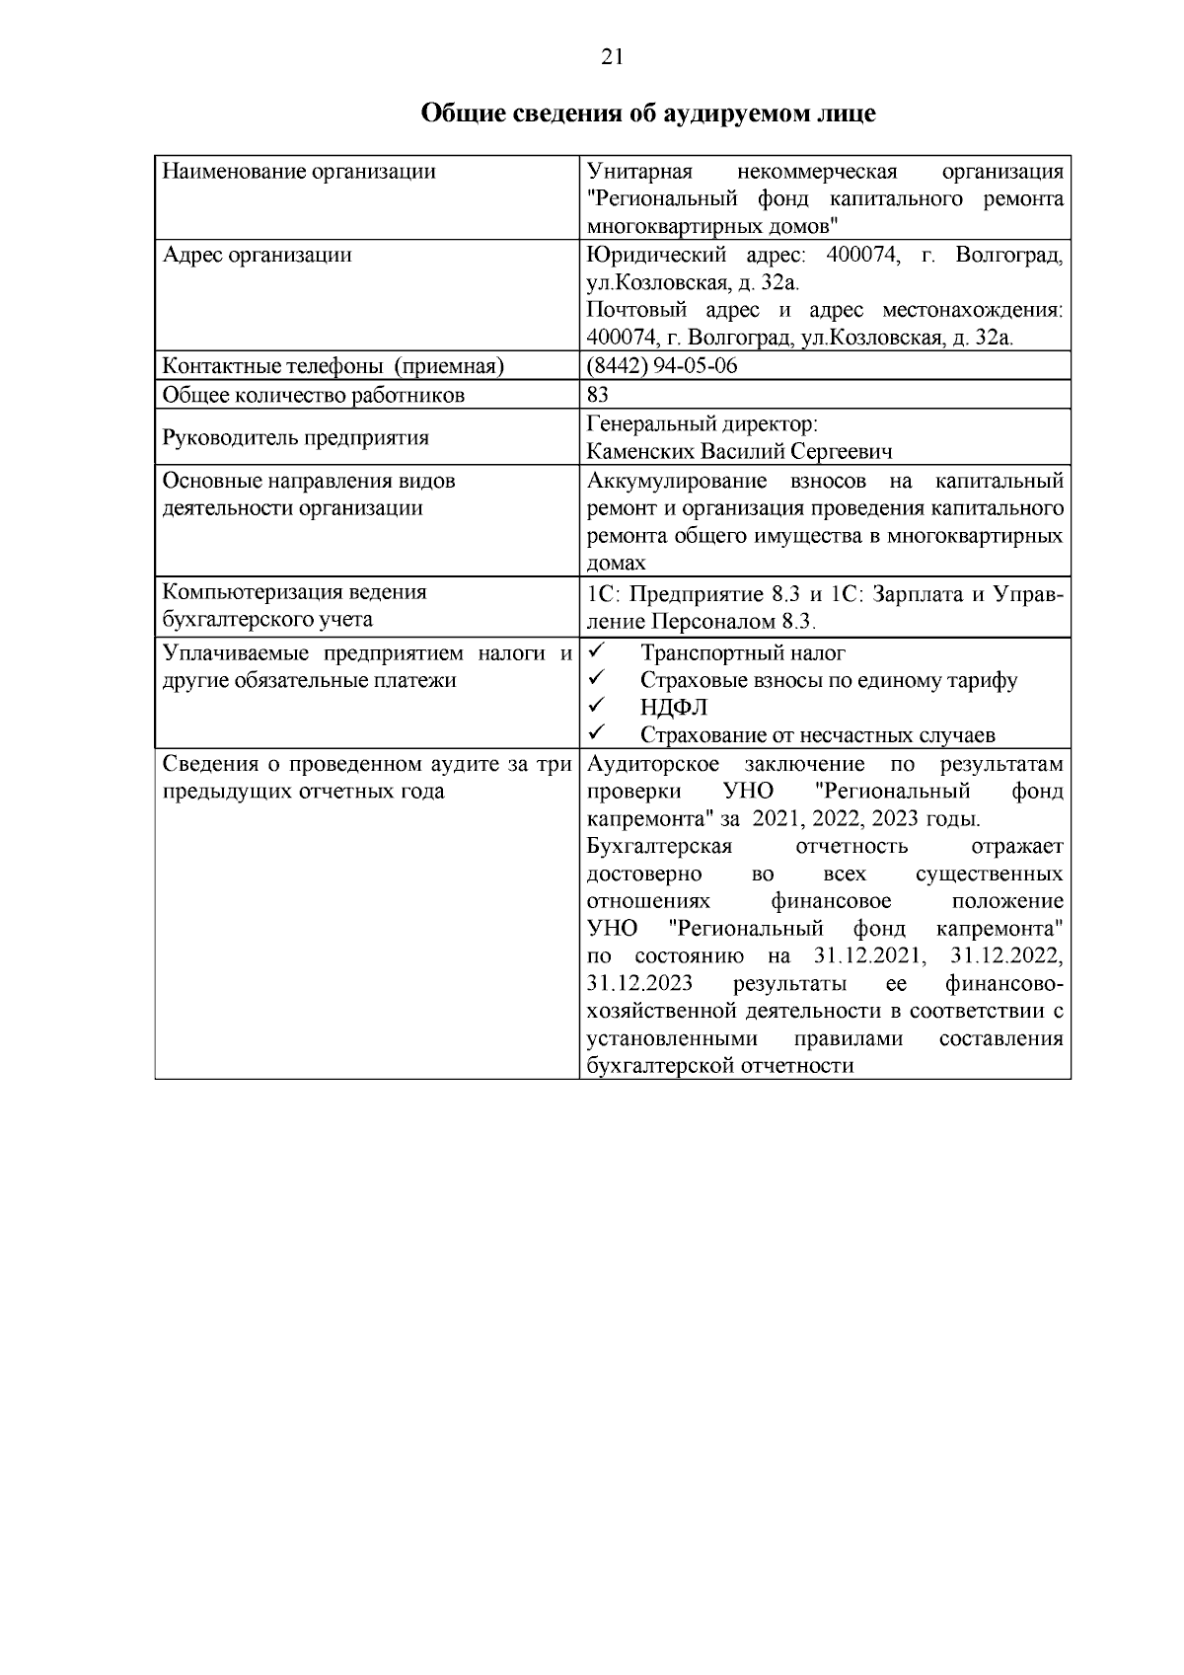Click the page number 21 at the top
(x=612, y=57)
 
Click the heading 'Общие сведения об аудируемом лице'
(x=648, y=114)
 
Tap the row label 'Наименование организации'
(x=299, y=172)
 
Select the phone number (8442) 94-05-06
(x=662, y=366)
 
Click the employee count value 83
(x=597, y=395)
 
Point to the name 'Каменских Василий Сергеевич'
(x=739, y=452)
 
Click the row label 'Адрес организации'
(x=257, y=256)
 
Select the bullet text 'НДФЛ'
(x=673, y=708)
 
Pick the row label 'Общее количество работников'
(x=313, y=395)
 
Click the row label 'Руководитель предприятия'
(x=295, y=437)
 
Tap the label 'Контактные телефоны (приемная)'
(x=333, y=366)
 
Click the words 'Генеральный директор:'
(x=702, y=424)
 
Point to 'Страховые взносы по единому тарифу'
(x=829, y=680)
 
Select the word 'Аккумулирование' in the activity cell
(x=676, y=481)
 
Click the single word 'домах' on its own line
(x=616, y=563)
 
